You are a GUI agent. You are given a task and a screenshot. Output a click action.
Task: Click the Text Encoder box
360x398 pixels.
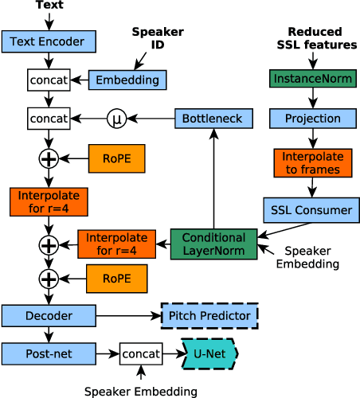click(49, 41)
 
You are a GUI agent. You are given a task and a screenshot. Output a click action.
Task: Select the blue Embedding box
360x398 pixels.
click(127, 80)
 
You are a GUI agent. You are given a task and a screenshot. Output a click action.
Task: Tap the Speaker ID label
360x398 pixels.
click(157, 38)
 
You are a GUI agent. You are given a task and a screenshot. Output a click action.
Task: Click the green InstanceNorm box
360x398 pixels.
click(313, 80)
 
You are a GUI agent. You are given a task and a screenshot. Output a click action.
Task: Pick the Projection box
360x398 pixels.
click(312, 119)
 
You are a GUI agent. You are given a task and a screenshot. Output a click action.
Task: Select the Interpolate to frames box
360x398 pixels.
click(312, 163)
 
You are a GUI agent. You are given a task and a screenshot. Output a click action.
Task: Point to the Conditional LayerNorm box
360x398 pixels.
click(213, 244)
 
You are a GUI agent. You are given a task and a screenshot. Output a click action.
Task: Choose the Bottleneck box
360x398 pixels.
click(213, 119)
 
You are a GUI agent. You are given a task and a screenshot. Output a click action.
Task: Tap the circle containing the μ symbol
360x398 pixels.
click(117, 119)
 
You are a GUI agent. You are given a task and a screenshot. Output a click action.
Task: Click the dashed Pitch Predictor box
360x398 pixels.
click(209, 316)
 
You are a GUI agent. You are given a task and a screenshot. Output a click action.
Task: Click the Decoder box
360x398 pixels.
click(49, 316)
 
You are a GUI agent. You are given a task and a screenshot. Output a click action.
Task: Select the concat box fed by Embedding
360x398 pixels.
click(49, 80)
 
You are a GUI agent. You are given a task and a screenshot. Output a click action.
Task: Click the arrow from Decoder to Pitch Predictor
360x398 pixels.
click(128, 316)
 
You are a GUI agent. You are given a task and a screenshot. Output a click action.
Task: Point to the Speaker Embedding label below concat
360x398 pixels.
click(140, 391)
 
